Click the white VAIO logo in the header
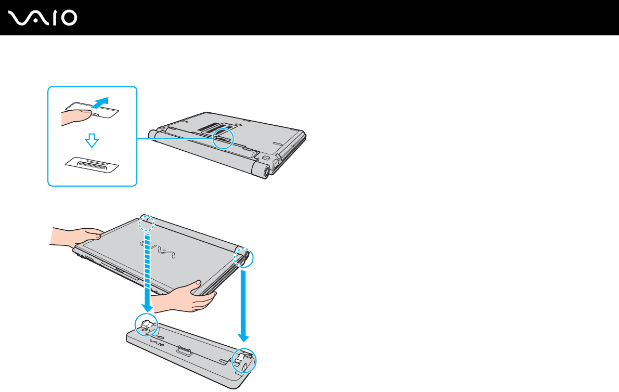coord(43,18)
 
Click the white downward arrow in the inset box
coord(92,139)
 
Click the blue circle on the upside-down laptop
coord(223,139)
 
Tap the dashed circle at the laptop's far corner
coord(147,223)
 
